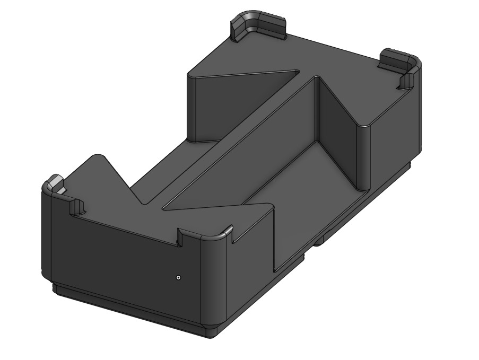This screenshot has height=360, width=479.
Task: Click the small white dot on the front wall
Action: (x=179, y=277)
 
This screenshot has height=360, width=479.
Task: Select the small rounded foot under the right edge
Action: (x=319, y=242)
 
